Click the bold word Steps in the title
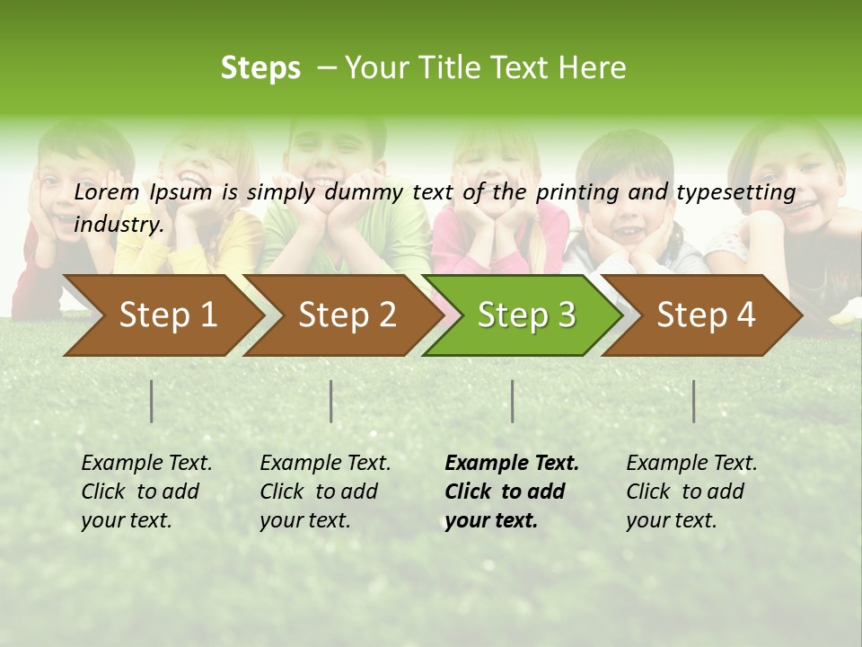click(260, 68)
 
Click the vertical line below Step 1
click(152, 401)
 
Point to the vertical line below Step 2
click(331, 401)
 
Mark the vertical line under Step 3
click(512, 401)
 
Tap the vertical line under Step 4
click(693, 401)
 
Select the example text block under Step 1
click(146, 492)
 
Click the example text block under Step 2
click(325, 492)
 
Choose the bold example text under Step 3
click(512, 492)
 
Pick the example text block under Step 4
click(691, 492)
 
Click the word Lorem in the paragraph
click(107, 192)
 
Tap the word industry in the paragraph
click(119, 225)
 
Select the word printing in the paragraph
click(570, 192)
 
